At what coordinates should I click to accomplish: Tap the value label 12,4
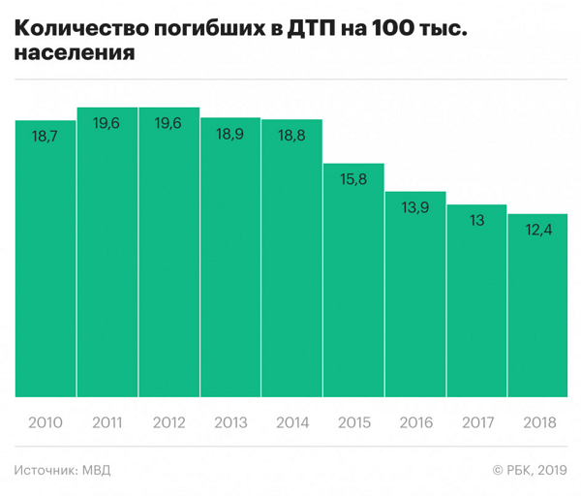click(x=537, y=231)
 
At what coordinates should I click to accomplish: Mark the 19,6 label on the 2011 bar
click(x=107, y=124)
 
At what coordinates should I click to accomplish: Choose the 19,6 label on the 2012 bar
click(x=168, y=124)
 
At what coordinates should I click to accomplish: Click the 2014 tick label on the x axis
click(x=291, y=423)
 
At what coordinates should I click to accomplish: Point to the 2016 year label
click(x=414, y=423)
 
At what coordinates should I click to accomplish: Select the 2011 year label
click(x=107, y=423)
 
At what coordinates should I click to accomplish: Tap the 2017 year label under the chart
click(x=476, y=423)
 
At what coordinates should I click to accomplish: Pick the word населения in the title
click(x=75, y=56)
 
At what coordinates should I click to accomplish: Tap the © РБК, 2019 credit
click(x=530, y=471)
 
